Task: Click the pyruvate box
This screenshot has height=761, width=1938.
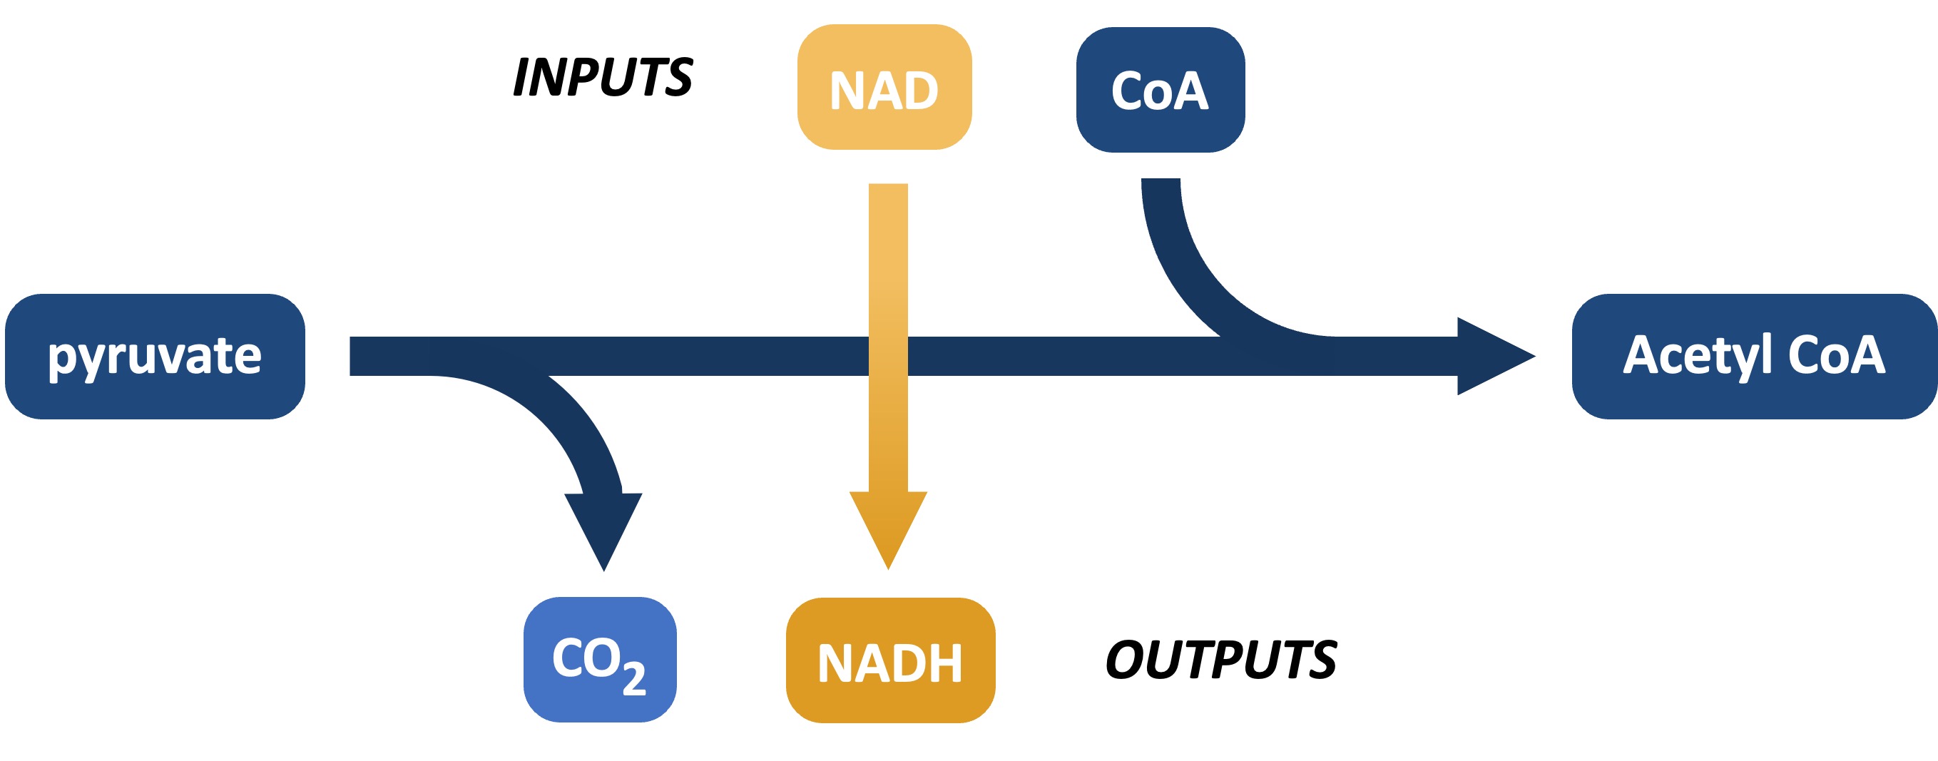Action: point(154,356)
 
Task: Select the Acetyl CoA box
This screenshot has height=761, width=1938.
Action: point(1754,356)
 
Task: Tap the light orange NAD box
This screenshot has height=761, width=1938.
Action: point(884,87)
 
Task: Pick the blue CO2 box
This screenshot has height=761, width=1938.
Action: point(600,659)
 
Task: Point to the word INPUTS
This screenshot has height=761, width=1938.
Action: point(603,77)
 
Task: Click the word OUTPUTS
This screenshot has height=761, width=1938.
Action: point(1220,660)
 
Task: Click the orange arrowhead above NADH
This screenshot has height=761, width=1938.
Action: point(888,526)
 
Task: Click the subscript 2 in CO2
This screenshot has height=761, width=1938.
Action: point(634,678)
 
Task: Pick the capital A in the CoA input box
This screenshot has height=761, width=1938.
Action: point(1191,91)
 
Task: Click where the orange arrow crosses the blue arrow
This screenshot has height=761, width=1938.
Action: point(888,356)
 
